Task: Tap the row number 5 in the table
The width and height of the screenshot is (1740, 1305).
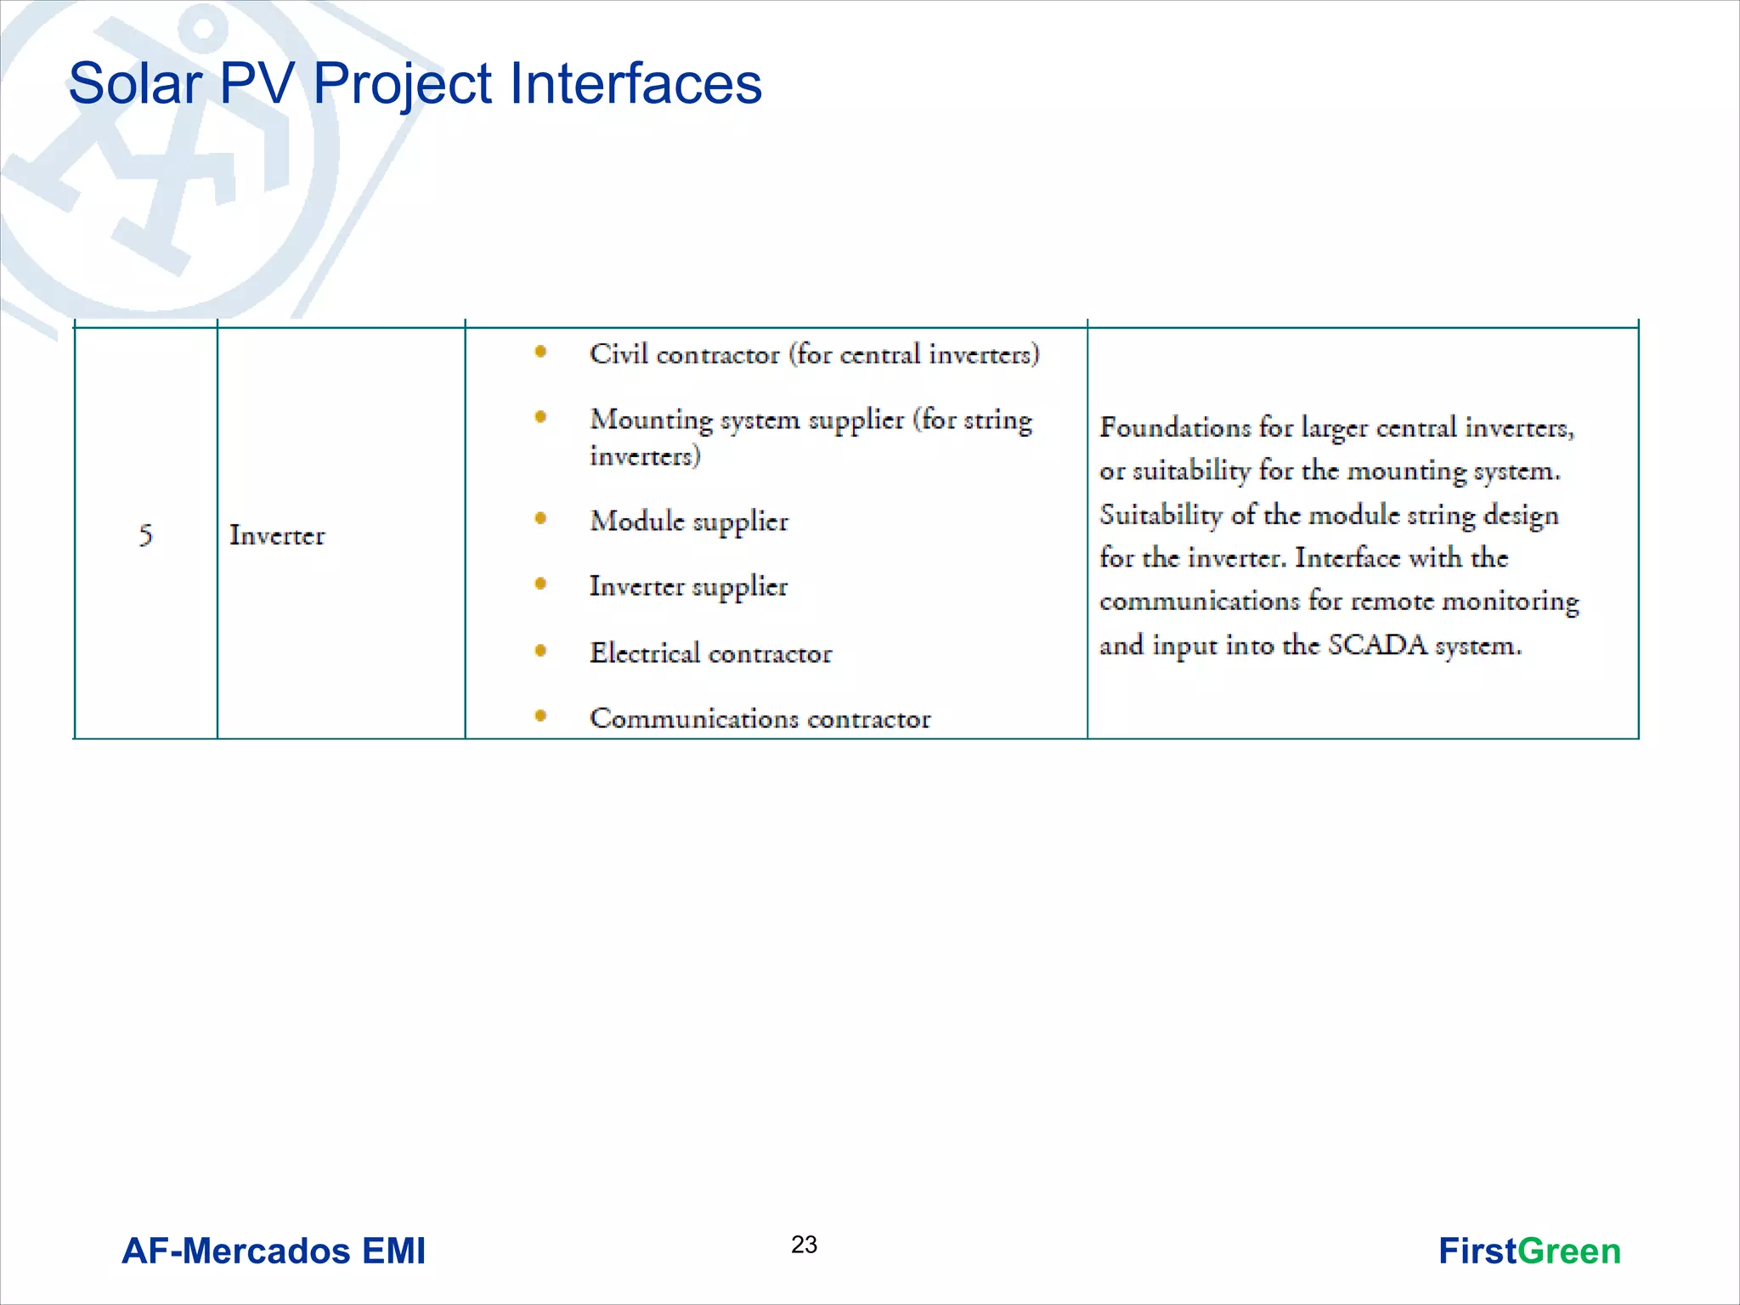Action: click(146, 535)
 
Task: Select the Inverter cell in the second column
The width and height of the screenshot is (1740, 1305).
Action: click(277, 535)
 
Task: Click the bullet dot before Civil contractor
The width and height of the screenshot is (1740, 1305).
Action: click(540, 352)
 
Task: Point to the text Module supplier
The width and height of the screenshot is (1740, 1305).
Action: click(689, 521)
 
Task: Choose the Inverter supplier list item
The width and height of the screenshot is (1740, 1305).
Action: click(688, 586)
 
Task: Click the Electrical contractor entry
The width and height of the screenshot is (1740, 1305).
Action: click(710, 652)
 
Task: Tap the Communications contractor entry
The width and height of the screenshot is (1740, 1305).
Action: click(760, 719)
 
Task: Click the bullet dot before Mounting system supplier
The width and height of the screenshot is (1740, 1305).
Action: click(540, 416)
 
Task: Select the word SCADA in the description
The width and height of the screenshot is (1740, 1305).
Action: click(1377, 645)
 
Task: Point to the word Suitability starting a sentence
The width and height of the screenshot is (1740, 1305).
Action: click(1161, 514)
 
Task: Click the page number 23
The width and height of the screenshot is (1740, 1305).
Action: click(804, 1245)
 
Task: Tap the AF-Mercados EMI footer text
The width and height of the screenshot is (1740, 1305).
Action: click(274, 1251)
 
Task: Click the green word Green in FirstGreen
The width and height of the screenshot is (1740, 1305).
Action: click(1568, 1251)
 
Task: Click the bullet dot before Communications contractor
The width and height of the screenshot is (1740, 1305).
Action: click(540, 716)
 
